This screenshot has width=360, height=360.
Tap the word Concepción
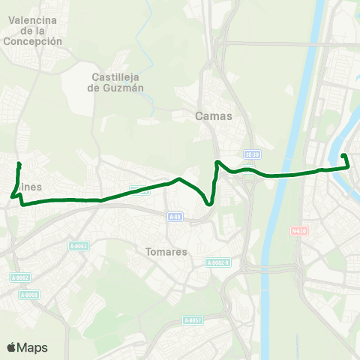[x=32, y=42]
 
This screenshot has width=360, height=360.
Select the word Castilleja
[x=116, y=76]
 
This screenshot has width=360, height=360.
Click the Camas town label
[x=214, y=116]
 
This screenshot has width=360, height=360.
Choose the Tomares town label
[x=166, y=252]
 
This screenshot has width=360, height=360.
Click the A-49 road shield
[x=174, y=217]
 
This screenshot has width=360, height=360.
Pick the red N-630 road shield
[x=300, y=231]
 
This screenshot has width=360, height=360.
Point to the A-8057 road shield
[x=193, y=320]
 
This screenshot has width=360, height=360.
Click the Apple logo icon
[x=11, y=347]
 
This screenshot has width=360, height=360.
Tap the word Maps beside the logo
[x=33, y=347]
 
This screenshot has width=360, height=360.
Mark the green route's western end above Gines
[x=19, y=163]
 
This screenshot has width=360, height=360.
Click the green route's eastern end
[x=343, y=155]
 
